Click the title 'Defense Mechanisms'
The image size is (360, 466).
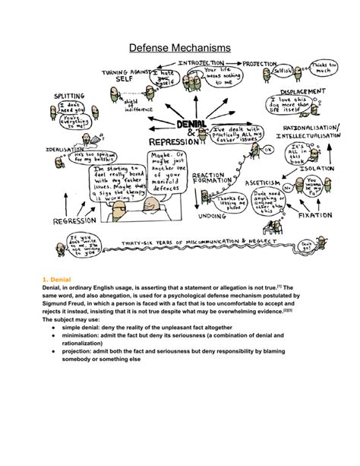(x=179, y=47)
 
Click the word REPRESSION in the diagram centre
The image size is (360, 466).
(x=173, y=141)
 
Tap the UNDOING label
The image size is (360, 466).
(x=214, y=215)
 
